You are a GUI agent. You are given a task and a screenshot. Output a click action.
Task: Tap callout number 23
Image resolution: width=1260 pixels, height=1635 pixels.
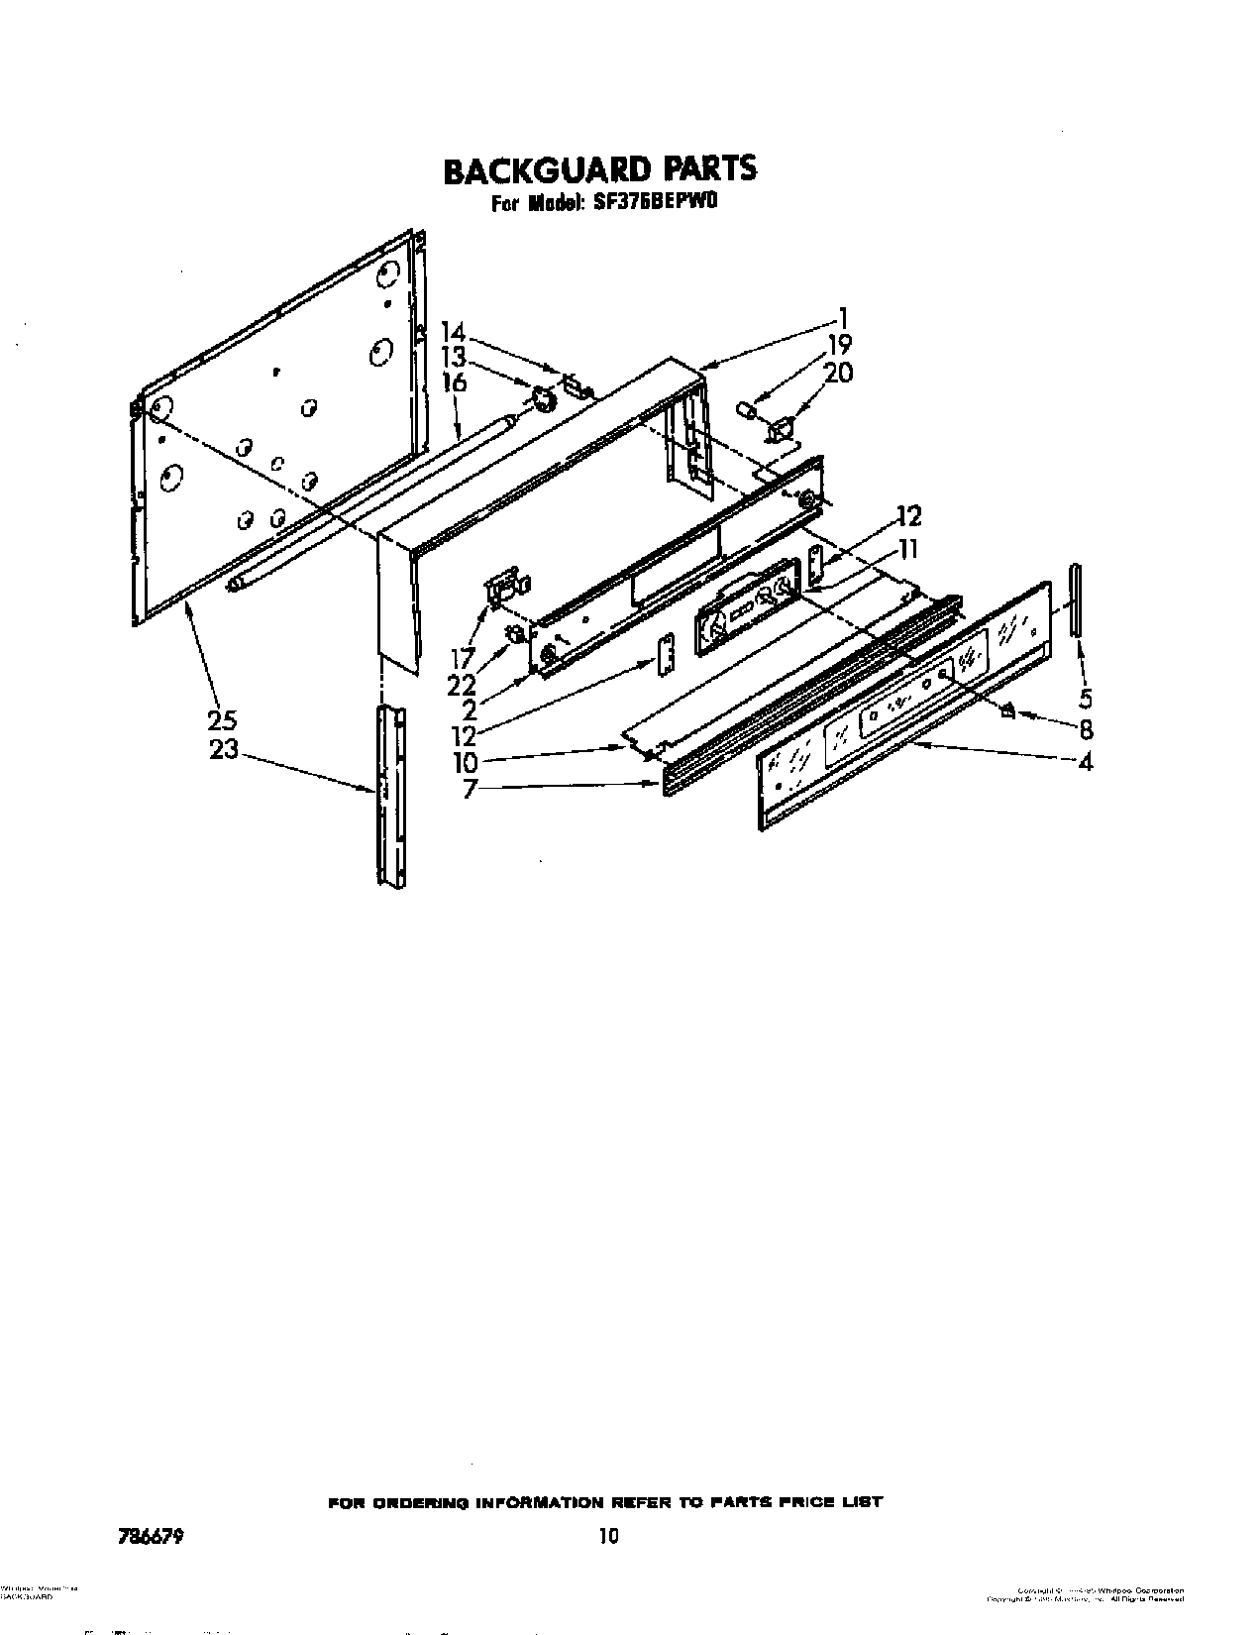pyautogui.click(x=224, y=749)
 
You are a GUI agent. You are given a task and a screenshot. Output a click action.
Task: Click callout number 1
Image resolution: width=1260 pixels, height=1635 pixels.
pyautogui.click(x=843, y=318)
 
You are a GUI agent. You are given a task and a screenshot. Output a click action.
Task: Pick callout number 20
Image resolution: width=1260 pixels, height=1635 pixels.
pyautogui.click(x=838, y=374)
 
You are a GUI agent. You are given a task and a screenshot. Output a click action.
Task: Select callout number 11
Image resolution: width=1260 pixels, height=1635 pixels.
pyautogui.click(x=907, y=548)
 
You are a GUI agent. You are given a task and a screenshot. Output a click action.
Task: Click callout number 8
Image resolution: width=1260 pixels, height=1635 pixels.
pyautogui.click(x=1086, y=729)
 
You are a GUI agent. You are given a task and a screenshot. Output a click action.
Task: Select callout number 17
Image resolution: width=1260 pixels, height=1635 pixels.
pyautogui.click(x=462, y=657)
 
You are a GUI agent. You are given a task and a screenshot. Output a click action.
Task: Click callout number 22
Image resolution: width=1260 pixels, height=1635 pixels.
pyautogui.click(x=462, y=685)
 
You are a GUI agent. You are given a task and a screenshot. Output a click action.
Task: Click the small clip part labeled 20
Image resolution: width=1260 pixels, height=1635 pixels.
pyautogui.click(x=781, y=428)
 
